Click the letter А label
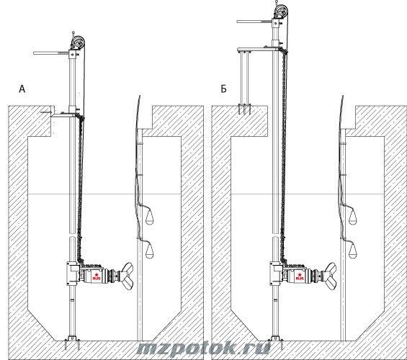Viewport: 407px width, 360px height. coord(22,89)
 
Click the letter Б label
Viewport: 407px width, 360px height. coord(223,89)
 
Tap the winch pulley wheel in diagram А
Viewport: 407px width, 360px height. coord(79,42)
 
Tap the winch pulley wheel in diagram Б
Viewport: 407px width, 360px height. coord(282,11)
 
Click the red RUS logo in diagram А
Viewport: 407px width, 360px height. coord(97,276)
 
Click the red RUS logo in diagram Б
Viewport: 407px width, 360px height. coord(300,276)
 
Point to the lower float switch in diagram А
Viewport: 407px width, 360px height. coord(150,251)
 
